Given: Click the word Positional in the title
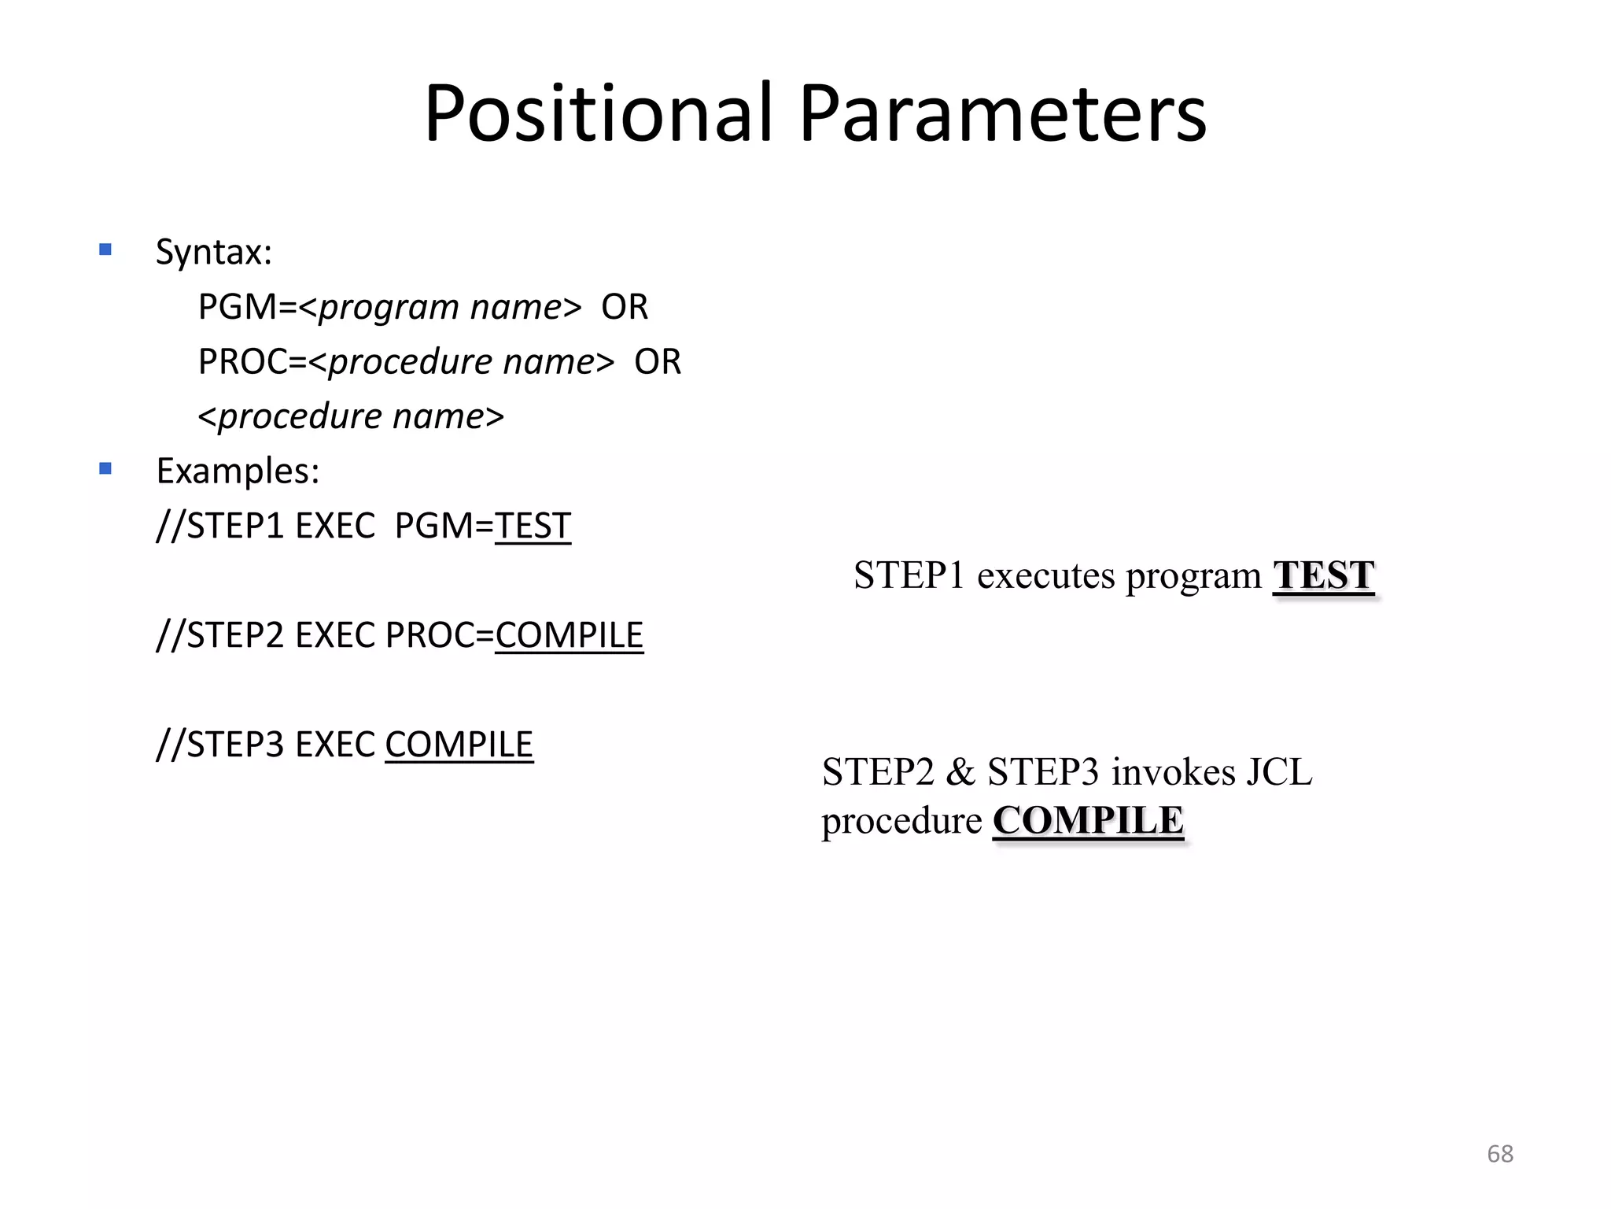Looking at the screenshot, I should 599,114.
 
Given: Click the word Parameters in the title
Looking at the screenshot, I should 1002,114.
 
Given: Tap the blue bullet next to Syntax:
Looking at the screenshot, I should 105,250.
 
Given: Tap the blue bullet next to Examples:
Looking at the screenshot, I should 105,469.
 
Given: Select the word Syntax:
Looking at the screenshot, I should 213,253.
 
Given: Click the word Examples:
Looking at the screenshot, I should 238,471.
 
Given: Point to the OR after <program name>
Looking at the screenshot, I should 625,307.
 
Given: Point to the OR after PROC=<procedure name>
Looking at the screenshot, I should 658,362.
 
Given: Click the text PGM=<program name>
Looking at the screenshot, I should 389,307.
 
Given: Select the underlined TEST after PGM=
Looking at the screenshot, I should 533,526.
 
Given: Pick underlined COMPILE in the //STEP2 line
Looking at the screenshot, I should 569,635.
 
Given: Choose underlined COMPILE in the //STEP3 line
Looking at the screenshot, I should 459,745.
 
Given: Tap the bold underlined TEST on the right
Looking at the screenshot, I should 1323,575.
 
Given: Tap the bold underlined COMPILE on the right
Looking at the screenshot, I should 1088,821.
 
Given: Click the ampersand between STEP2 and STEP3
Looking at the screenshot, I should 960,772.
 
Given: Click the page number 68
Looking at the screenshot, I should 1499,1154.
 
